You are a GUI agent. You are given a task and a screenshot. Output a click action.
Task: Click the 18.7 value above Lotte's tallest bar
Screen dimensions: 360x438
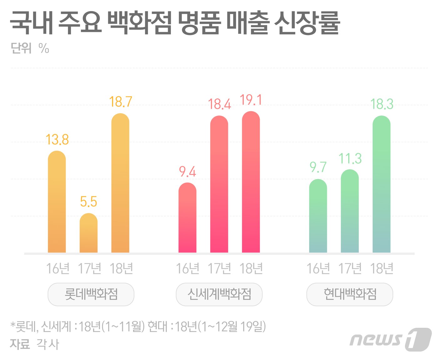120,102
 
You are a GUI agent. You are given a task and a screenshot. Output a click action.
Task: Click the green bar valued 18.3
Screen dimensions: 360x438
381,184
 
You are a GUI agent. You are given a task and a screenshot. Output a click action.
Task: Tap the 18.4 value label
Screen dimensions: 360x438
219,104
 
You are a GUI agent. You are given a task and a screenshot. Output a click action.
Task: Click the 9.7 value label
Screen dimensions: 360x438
318,167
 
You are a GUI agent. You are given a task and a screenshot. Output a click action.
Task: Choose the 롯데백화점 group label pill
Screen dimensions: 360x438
91,294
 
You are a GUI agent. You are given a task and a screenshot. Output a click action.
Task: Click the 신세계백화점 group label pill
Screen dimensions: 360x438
219,294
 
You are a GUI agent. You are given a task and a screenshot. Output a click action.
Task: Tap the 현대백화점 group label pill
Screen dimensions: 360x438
350,294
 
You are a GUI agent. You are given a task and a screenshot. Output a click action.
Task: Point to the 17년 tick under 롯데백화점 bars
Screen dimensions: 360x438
89,268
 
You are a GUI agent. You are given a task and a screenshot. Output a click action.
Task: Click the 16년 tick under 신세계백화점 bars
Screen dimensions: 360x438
187,268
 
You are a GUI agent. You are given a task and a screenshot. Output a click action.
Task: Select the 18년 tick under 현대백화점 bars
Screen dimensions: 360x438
381,268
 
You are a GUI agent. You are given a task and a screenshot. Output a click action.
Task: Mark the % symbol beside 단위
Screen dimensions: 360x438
44,48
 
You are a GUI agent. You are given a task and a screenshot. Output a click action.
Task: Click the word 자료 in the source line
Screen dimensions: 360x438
20,344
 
